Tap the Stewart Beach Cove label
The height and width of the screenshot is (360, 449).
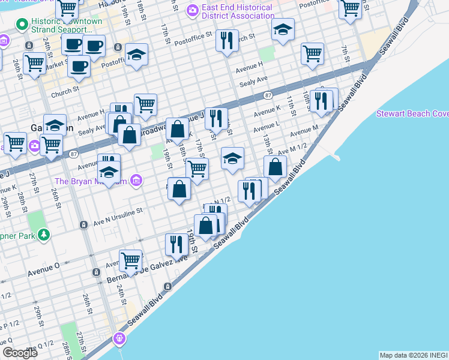point(412,113)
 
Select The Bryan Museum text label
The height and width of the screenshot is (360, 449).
point(91,181)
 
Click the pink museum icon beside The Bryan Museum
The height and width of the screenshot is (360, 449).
point(136,180)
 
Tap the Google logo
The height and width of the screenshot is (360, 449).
point(20,353)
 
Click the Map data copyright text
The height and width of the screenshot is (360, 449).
point(413,355)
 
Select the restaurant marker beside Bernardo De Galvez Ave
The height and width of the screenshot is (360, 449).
point(176,244)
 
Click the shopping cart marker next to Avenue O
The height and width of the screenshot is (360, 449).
point(130,260)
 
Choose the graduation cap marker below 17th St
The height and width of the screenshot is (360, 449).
point(232,158)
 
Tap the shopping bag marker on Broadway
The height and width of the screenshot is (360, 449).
point(178,128)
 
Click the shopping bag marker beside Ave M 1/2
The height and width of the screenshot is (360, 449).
point(275,167)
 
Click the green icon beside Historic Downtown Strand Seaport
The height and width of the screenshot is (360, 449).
point(22,25)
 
